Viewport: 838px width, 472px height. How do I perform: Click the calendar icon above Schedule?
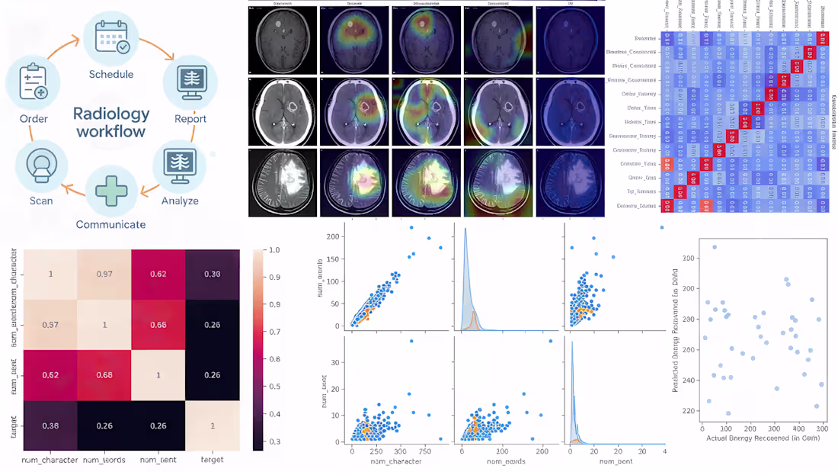pos(111,37)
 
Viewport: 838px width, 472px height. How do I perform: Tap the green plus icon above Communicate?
pos(111,190)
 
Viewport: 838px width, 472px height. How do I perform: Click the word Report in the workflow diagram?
pos(190,118)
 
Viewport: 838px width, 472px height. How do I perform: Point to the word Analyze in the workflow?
pos(180,201)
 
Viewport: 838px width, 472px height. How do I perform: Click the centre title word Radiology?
pos(111,114)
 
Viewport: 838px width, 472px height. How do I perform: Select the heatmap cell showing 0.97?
pos(104,274)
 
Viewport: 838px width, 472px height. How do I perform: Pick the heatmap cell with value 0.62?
pos(158,274)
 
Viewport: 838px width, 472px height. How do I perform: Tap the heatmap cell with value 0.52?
pos(51,375)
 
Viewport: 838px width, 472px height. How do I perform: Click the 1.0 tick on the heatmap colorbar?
pos(272,250)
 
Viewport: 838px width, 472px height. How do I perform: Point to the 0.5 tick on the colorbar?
pos(272,387)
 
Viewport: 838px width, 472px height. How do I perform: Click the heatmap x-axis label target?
pos(213,459)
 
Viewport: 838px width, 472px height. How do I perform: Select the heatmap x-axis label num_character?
pos(51,459)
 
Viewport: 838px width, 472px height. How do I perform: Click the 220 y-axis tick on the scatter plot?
pos(689,411)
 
